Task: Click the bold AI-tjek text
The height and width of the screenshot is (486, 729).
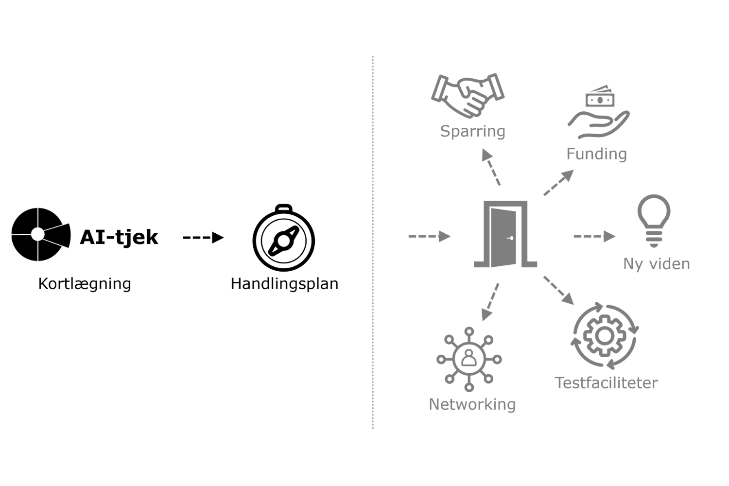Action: click(119, 237)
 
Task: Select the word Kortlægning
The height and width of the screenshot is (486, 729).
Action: click(85, 283)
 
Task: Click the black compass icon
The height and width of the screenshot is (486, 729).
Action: click(284, 238)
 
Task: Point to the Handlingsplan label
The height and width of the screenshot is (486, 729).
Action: click(284, 283)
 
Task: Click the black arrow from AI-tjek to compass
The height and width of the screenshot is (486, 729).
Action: click(203, 238)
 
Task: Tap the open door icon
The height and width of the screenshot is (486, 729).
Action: click(505, 235)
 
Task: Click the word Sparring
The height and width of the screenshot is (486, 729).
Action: click(472, 131)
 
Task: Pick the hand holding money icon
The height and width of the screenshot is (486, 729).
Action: click(599, 112)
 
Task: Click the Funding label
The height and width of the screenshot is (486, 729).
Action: click(596, 154)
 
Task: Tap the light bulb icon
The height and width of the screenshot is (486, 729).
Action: click(654, 220)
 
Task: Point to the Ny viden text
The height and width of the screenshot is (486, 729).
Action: click(656, 264)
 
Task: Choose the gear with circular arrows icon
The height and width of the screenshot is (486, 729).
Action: click(604, 336)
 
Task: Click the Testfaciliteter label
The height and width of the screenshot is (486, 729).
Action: click(606, 383)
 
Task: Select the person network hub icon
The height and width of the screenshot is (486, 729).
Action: click(469, 359)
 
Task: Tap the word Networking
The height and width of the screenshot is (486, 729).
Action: click(472, 404)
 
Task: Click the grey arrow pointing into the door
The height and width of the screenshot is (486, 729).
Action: click(429, 237)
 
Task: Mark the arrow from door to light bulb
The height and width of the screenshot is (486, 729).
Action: click(594, 237)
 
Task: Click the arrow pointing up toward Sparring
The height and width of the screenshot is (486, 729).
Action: click(491, 167)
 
